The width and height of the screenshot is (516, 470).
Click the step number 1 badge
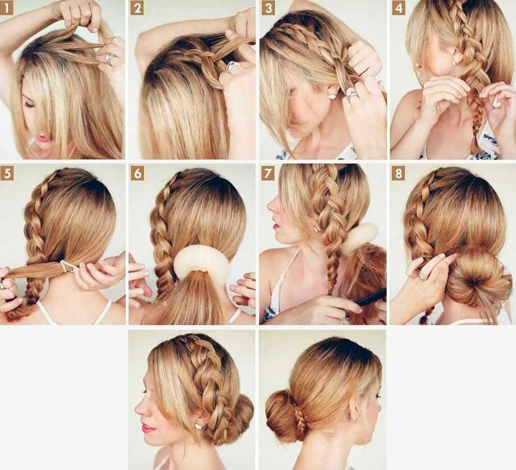[6, 8]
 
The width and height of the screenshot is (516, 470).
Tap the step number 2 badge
[137, 8]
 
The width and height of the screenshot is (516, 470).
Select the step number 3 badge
[268, 8]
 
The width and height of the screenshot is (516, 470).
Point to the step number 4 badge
[398, 8]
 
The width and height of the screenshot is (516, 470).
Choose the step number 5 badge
[7, 173]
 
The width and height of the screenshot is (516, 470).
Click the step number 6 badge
[137, 173]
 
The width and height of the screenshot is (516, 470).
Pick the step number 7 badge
[268, 173]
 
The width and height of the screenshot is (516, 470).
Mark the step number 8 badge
[398, 173]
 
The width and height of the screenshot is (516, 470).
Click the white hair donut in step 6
[201, 263]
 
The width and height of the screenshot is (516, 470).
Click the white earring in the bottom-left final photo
[198, 426]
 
